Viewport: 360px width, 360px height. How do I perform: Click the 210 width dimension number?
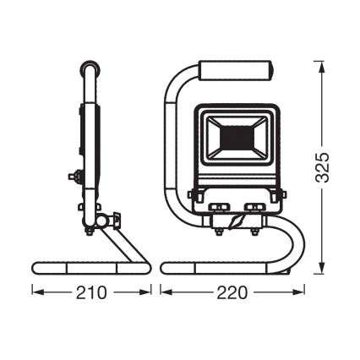pos(92,292)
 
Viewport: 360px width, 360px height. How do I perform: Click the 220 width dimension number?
pos(232,292)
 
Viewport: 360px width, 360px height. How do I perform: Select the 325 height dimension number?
pos(322,167)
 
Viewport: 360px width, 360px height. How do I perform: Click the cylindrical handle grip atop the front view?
pos(237,70)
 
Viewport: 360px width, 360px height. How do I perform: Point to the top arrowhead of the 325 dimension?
pos(322,67)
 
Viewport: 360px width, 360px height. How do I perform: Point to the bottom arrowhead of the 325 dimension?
pos(322,267)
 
